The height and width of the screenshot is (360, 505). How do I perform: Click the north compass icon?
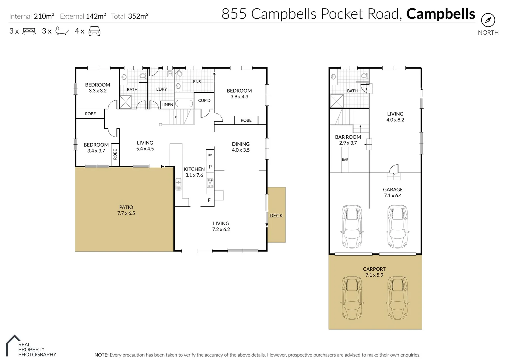[x=488, y=20]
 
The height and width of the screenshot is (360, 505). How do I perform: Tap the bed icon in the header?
[x=29, y=31]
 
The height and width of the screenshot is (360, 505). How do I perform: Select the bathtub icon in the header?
[x=62, y=31]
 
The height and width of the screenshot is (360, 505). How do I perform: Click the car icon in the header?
[x=94, y=31]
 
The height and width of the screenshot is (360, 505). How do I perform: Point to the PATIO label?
[x=126, y=207]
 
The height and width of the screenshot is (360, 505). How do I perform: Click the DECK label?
[x=276, y=216]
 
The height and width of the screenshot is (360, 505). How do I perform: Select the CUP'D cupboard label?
[x=204, y=100]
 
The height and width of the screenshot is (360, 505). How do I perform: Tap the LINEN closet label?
[x=167, y=105]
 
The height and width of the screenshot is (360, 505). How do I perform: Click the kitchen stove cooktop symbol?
[x=210, y=183]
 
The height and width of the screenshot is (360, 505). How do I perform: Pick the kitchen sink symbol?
[x=178, y=183]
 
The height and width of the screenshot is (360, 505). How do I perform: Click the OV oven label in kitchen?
[x=210, y=155]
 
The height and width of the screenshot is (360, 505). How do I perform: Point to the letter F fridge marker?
[x=209, y=200]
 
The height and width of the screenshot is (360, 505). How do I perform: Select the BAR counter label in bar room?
[x=345, y=160]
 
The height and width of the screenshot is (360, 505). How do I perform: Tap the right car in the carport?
[x=397, y=298]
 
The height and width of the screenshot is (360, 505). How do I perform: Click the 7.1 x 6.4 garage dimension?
[x=393, y=196]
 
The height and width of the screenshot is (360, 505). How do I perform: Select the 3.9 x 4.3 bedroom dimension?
[x=239, y=97]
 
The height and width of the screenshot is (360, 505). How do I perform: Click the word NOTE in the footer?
[x=101, y=355]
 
